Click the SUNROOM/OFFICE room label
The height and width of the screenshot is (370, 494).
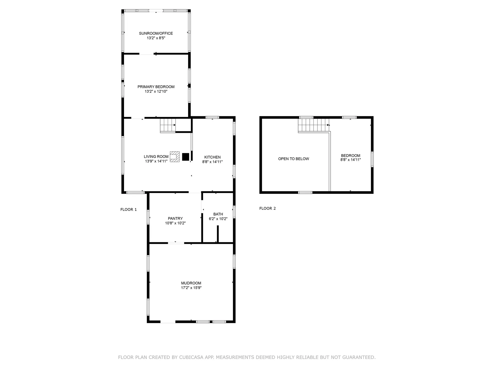(156, 33)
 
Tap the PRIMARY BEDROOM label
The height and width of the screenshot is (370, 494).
(156, 87)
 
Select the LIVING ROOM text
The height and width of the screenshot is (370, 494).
(156, 156)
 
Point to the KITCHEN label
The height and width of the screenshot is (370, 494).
(213, 157)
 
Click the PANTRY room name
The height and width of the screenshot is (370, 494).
(175, 219)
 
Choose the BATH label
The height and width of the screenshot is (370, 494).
(218, 214)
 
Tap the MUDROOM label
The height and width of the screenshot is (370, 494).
(191, 283)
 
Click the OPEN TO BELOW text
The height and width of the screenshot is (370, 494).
(294, 159)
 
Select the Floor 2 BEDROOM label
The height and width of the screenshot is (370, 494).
(351, 155)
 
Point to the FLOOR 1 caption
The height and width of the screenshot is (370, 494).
(129, 210)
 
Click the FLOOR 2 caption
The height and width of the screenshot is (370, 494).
(268, 208)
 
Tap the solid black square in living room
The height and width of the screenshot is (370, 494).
(186, 157)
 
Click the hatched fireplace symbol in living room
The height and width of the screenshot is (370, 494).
(174, 156)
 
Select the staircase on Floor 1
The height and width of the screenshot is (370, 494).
(168, 125)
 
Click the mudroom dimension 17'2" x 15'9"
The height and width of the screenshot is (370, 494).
(191, 288)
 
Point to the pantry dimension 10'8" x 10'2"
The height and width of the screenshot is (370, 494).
(175, 223)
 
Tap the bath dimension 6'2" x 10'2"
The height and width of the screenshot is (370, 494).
(218, 219)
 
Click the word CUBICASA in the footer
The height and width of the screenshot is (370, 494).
(191, 357)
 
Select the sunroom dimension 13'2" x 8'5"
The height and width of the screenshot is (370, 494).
(156, 38)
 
